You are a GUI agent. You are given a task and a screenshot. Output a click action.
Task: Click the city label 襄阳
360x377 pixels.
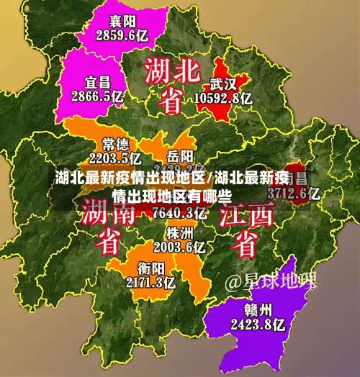pos(122,20)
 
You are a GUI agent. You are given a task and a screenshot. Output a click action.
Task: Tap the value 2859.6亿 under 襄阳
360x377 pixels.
pos(122,34)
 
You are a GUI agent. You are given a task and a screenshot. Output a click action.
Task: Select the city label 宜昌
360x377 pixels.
pos(99,82)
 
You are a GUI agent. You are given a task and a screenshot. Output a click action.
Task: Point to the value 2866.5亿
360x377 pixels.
pos(99,96)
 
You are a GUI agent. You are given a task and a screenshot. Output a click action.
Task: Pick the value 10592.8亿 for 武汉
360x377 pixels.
pos(222,97)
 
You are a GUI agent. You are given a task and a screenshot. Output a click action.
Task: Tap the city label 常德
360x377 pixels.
pos(115,143)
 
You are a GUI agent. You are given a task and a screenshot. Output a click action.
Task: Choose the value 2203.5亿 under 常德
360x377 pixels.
pos(115,158)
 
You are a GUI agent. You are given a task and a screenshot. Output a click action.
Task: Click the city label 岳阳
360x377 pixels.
pos(180,155)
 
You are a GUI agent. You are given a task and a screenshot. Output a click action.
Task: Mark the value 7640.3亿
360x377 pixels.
pos(180,212)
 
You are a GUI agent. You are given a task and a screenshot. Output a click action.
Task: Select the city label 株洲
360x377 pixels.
pos(179,233)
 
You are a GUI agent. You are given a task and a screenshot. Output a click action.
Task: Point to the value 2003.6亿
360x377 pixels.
pos(179,247)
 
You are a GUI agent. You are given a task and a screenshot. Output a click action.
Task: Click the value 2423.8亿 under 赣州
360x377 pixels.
pos(257,324)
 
